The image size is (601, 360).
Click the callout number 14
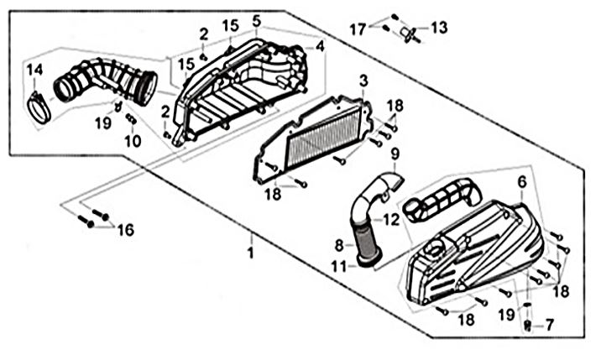tap(34, 70)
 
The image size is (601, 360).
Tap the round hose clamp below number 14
tap(39, 108)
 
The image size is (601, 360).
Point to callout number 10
tap(133, 142)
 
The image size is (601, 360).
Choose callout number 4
tap(320, 47)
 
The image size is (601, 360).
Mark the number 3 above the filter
tap(363, 81)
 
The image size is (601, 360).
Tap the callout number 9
tap(395, 154)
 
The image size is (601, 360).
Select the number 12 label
tap(391, 219)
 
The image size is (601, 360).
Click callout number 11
tap(339, 266)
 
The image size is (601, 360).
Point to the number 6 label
tap(522, 182)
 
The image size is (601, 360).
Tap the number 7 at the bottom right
tap(549, 325)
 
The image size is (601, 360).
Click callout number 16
tap(125, 230)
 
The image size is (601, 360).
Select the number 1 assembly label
tap(250, 253)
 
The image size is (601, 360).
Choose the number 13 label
tap(439, 28)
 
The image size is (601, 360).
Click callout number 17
tap(358, 29)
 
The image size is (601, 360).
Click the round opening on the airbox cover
tap(435, 251)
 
